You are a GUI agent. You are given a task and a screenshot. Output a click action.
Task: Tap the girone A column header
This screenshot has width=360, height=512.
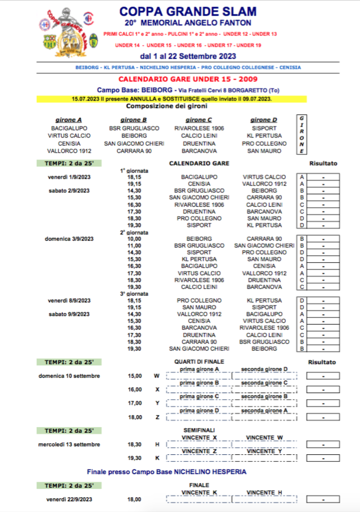68,120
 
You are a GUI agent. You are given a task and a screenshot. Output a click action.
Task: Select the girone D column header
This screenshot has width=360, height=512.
260,120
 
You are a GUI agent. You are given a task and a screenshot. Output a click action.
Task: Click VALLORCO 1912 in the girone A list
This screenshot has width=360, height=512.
69,151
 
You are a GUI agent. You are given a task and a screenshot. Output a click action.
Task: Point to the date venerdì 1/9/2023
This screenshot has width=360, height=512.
69,177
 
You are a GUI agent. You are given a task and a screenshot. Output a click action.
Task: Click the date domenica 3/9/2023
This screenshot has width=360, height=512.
69,238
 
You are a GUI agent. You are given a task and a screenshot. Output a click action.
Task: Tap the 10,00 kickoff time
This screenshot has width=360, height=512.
134,238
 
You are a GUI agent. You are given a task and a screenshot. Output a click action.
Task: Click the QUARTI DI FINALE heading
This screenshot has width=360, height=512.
199,361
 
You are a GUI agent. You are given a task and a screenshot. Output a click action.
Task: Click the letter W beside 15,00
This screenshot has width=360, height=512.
157,376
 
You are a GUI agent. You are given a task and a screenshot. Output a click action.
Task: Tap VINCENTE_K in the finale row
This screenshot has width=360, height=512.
199,493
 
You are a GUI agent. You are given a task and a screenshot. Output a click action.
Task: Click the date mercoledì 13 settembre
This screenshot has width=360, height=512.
69,445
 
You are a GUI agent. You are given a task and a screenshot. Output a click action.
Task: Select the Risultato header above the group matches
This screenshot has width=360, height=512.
323,164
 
